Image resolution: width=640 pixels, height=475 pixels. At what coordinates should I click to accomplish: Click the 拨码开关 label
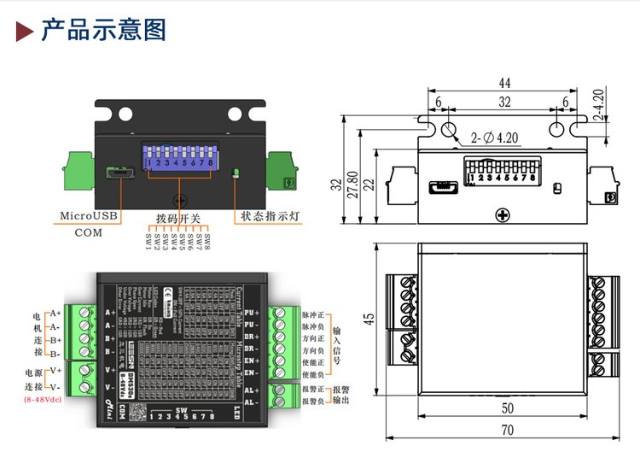tap(178, 219)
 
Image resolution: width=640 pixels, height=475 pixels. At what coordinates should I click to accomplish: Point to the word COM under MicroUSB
tap(88, 232)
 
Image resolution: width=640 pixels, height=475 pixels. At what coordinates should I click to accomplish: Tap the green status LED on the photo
tap(236, 173)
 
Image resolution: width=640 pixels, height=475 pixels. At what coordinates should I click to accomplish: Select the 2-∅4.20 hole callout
tap(496, 137)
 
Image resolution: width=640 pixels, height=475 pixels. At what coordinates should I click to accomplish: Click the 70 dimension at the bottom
tap(508, 430)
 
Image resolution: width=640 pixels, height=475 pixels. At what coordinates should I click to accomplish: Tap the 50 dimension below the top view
tap(507, 408)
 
